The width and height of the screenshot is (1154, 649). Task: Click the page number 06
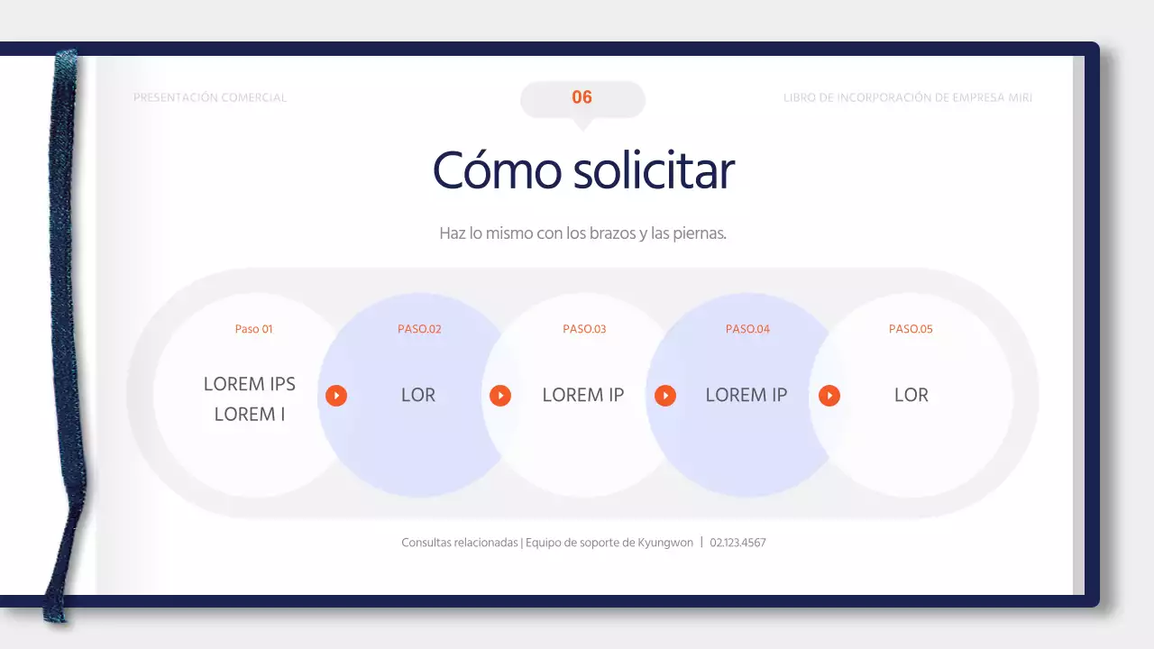click(582, 97)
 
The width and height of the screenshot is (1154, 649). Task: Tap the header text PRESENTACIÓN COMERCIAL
click(210, 97)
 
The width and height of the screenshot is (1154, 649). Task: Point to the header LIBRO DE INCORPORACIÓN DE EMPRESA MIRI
click(908, 97)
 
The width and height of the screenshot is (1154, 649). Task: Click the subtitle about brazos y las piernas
click(582, 233)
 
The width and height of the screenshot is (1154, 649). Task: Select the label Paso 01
click(253, 329)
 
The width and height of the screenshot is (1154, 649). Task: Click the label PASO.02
click(419, 329)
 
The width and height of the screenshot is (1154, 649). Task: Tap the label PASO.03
click(584, 329)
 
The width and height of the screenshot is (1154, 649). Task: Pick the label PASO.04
click(747, 329)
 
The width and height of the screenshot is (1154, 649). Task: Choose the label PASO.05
click(911, 329)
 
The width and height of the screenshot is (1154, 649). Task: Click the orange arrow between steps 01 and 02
click(336, 396)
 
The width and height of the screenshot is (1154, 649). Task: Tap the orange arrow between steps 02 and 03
click(500, 396)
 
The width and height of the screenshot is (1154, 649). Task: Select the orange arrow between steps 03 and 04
click(665, 396)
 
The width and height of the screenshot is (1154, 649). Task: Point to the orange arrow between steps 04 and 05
click(829, 396)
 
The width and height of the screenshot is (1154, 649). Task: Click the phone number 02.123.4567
click(737, 543)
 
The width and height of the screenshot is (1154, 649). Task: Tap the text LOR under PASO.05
click(911, 395)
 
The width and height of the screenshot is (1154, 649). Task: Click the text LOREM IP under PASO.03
click(583, 395)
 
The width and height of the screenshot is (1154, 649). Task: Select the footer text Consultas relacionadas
click(460, 543)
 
